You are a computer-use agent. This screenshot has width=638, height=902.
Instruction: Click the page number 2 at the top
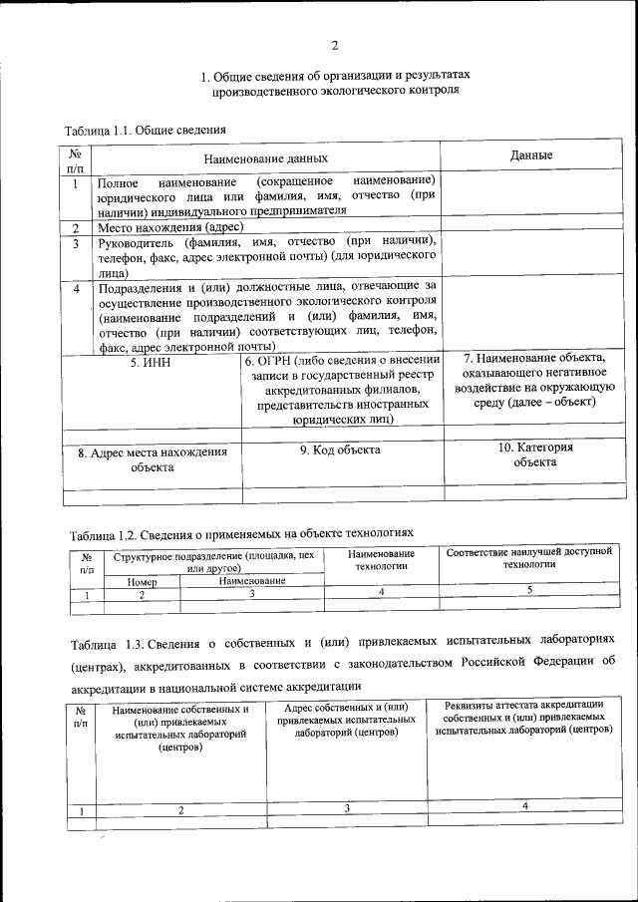[335, 45]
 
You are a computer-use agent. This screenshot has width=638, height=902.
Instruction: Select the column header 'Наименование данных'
[265, 158]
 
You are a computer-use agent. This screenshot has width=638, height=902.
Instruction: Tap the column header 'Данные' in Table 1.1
[531, 155]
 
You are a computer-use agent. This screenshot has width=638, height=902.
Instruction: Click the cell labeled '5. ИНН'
[151, 364]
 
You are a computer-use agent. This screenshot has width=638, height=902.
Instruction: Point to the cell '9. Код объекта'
[341, 451]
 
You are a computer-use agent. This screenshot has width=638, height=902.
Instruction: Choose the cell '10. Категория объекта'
[535, 454]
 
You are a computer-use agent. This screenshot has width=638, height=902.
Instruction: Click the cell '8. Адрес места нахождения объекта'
[152, 459]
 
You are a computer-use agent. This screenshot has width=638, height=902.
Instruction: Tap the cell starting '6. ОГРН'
[343, 390]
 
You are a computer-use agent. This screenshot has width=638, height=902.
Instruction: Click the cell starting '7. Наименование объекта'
[535, 381]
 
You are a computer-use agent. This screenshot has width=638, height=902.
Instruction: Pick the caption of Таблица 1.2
[240, 532]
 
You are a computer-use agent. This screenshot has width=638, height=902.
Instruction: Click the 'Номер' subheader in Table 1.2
[143, 581]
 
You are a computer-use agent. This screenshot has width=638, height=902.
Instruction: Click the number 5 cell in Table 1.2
[528, 591]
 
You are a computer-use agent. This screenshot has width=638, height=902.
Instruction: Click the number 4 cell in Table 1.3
[523, 804]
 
